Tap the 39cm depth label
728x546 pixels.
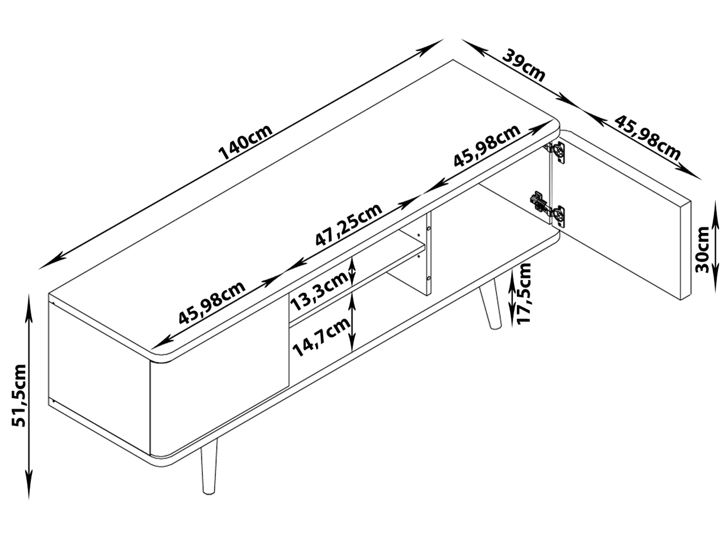click(x=524, y=65)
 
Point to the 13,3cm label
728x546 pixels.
click(x=319, y=293)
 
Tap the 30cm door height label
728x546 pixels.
click(x=702, y=249)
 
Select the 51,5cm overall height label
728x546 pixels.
click(x=19, y=395)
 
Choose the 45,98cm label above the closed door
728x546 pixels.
click(x=212, y=302)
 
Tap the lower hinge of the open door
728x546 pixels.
click(x=547, y=209)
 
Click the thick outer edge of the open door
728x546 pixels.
click(x=686, y=250)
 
